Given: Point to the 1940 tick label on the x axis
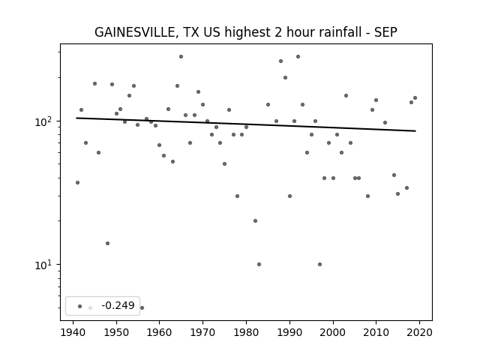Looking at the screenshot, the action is (x=73, y=333).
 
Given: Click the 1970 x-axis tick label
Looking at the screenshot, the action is (x=202, y=333).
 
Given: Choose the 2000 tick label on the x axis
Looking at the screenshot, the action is (x=333, y=333).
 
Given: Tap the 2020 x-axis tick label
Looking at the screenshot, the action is (x=419, y=333).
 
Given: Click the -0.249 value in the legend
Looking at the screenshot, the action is (x=118, y=305).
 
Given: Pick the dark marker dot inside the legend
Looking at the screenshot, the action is (x=80, y=306).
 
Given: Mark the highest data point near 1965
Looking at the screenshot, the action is (x=181, y=57).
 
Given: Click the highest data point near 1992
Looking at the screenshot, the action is (x=298, y=57).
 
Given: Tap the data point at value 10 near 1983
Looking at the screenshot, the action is (x=259, y=264).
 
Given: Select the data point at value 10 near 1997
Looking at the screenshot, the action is (x=319, y=264).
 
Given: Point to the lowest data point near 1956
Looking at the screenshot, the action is (x=142, y=307).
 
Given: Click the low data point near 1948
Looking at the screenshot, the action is (x=107, y=243).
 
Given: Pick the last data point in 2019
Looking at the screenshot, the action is (x=415, y=98).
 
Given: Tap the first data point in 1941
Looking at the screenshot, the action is (x=77, y=183).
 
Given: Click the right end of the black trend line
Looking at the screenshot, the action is (x=415, y=131).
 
